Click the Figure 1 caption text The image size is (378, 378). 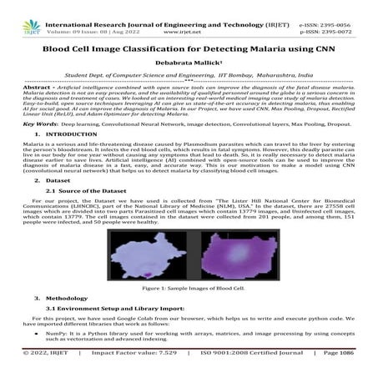click(189, 288)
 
